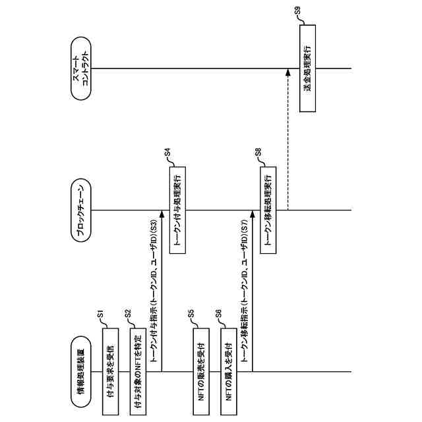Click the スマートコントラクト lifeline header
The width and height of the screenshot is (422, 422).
[x=83, y=69]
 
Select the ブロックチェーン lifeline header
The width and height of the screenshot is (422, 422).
[x=83, y=212]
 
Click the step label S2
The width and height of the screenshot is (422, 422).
[x=128, y=315]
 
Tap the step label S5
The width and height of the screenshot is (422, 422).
[x=191, y=315]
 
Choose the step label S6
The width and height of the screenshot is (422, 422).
[x=219, y=315]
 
